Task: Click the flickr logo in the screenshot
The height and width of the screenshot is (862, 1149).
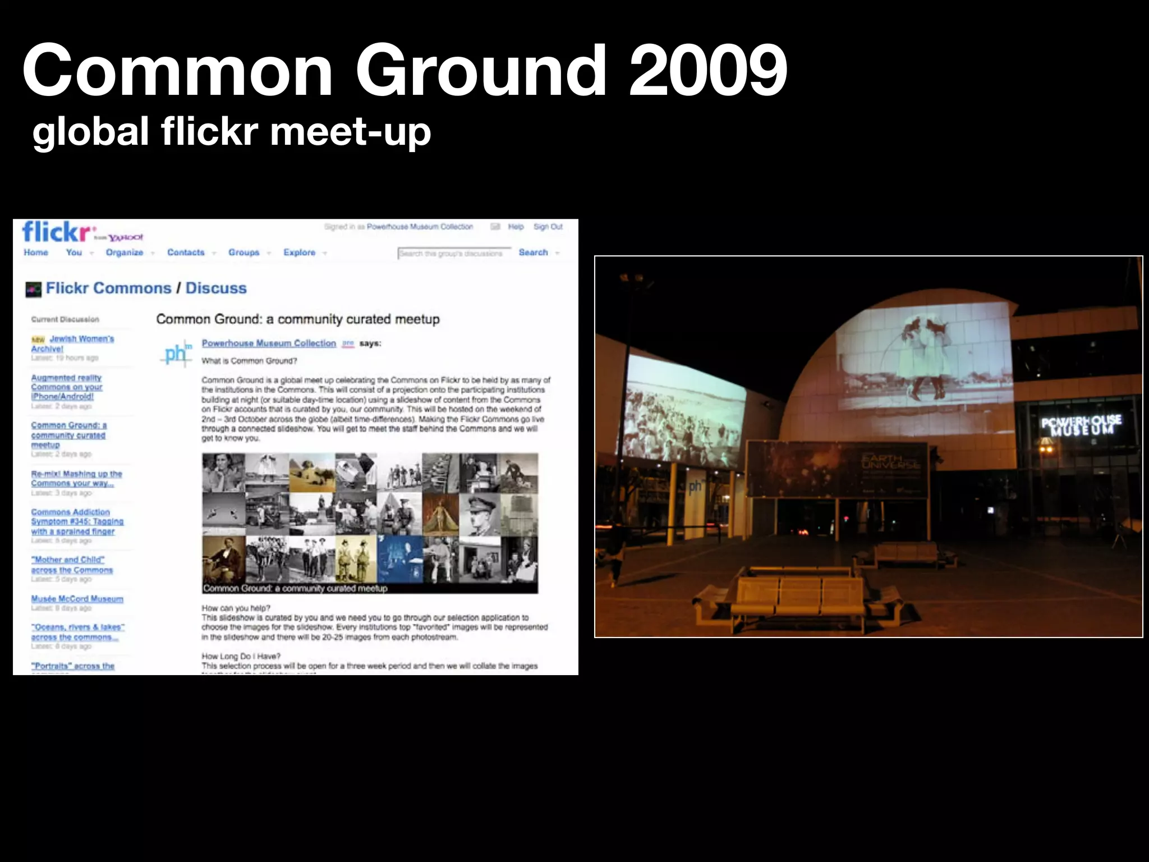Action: pos(57,231)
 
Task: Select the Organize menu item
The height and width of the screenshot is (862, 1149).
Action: pos(125,253)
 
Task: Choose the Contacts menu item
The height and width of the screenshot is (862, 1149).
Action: pos(186,253)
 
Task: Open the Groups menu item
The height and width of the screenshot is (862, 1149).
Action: pos(244,253)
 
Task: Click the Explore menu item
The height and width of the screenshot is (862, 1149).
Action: pos(300,253)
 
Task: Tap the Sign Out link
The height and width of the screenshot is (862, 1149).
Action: pos(548,227)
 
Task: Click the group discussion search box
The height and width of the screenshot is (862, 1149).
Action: pos(453,253)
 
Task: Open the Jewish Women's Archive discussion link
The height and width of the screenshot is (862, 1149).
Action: pos(73,343)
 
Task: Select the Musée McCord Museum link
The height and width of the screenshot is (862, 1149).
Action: pos(77,599)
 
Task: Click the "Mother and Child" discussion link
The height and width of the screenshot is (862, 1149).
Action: pos(71,565)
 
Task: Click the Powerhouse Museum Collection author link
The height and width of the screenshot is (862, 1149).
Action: pos(269,343)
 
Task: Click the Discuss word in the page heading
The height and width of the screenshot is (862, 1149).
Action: pos(216,288)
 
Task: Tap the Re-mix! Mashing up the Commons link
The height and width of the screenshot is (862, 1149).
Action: pos(76,478)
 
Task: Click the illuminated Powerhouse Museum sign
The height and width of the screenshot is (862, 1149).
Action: pos(1081,425)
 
